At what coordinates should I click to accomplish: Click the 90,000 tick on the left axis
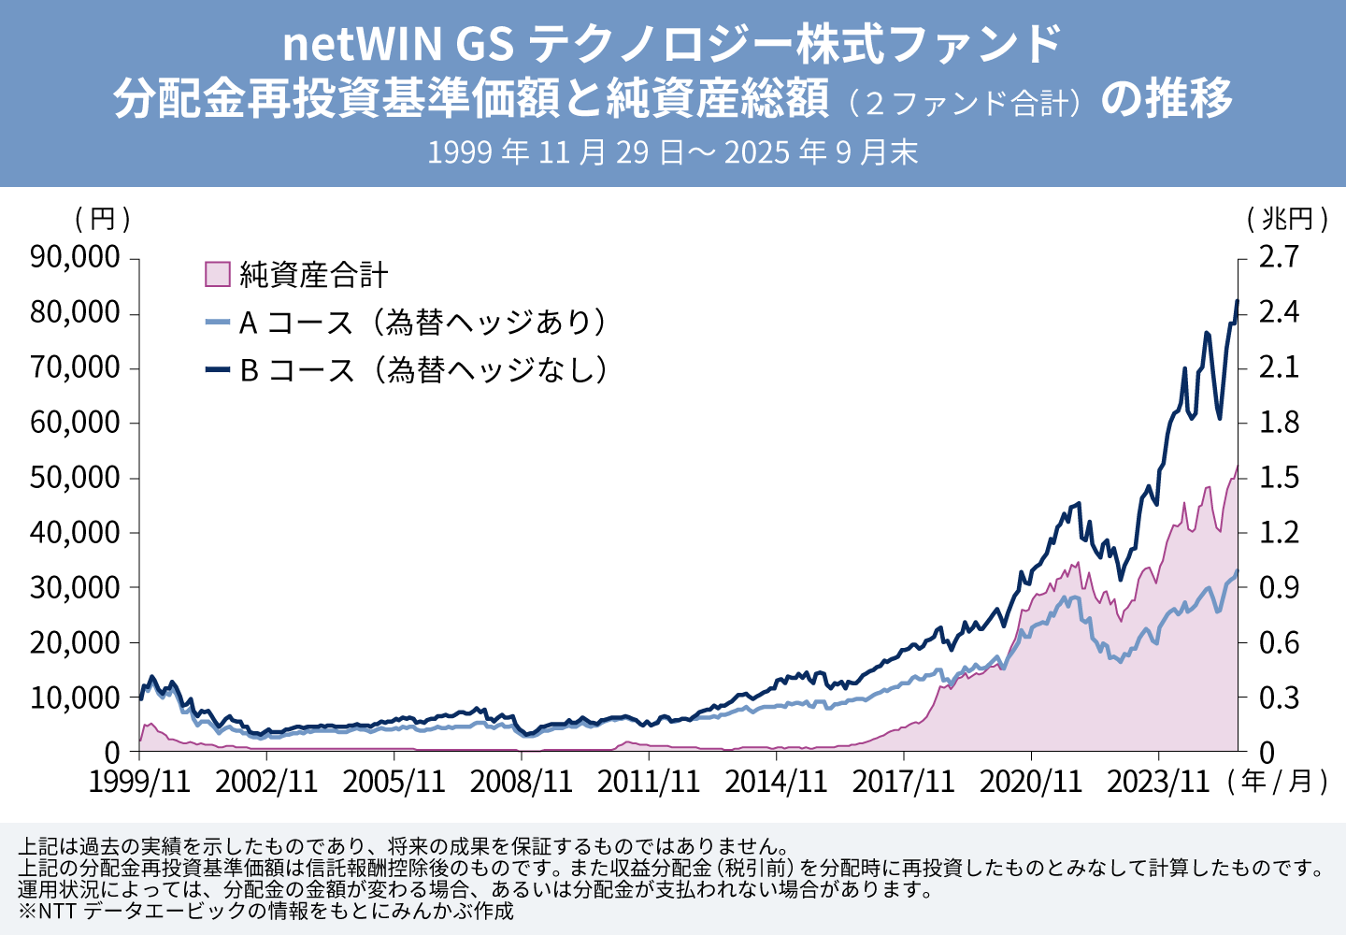point(75,257)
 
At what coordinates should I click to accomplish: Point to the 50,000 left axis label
point(75,478)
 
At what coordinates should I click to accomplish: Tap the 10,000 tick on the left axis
point(75,698)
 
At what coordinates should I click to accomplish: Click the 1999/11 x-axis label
point(139,782)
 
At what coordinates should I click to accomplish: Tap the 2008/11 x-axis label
point(521,782)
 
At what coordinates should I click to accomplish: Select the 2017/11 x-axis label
point(903,782)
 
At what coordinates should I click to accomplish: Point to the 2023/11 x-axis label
point(1158,782)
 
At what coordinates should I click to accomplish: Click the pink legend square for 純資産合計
point(217,274)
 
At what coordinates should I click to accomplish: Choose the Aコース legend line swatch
point(217,323)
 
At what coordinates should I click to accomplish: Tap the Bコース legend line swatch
point(217,370)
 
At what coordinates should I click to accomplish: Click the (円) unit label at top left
point(102,219)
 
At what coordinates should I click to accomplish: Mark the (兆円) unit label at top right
point(1287,219)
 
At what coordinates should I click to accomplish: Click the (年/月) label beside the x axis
point(1280,782)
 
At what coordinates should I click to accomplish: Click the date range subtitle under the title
point(672,152)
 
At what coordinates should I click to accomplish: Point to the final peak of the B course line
point(1237,301)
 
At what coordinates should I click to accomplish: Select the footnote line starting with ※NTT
point(265,911)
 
